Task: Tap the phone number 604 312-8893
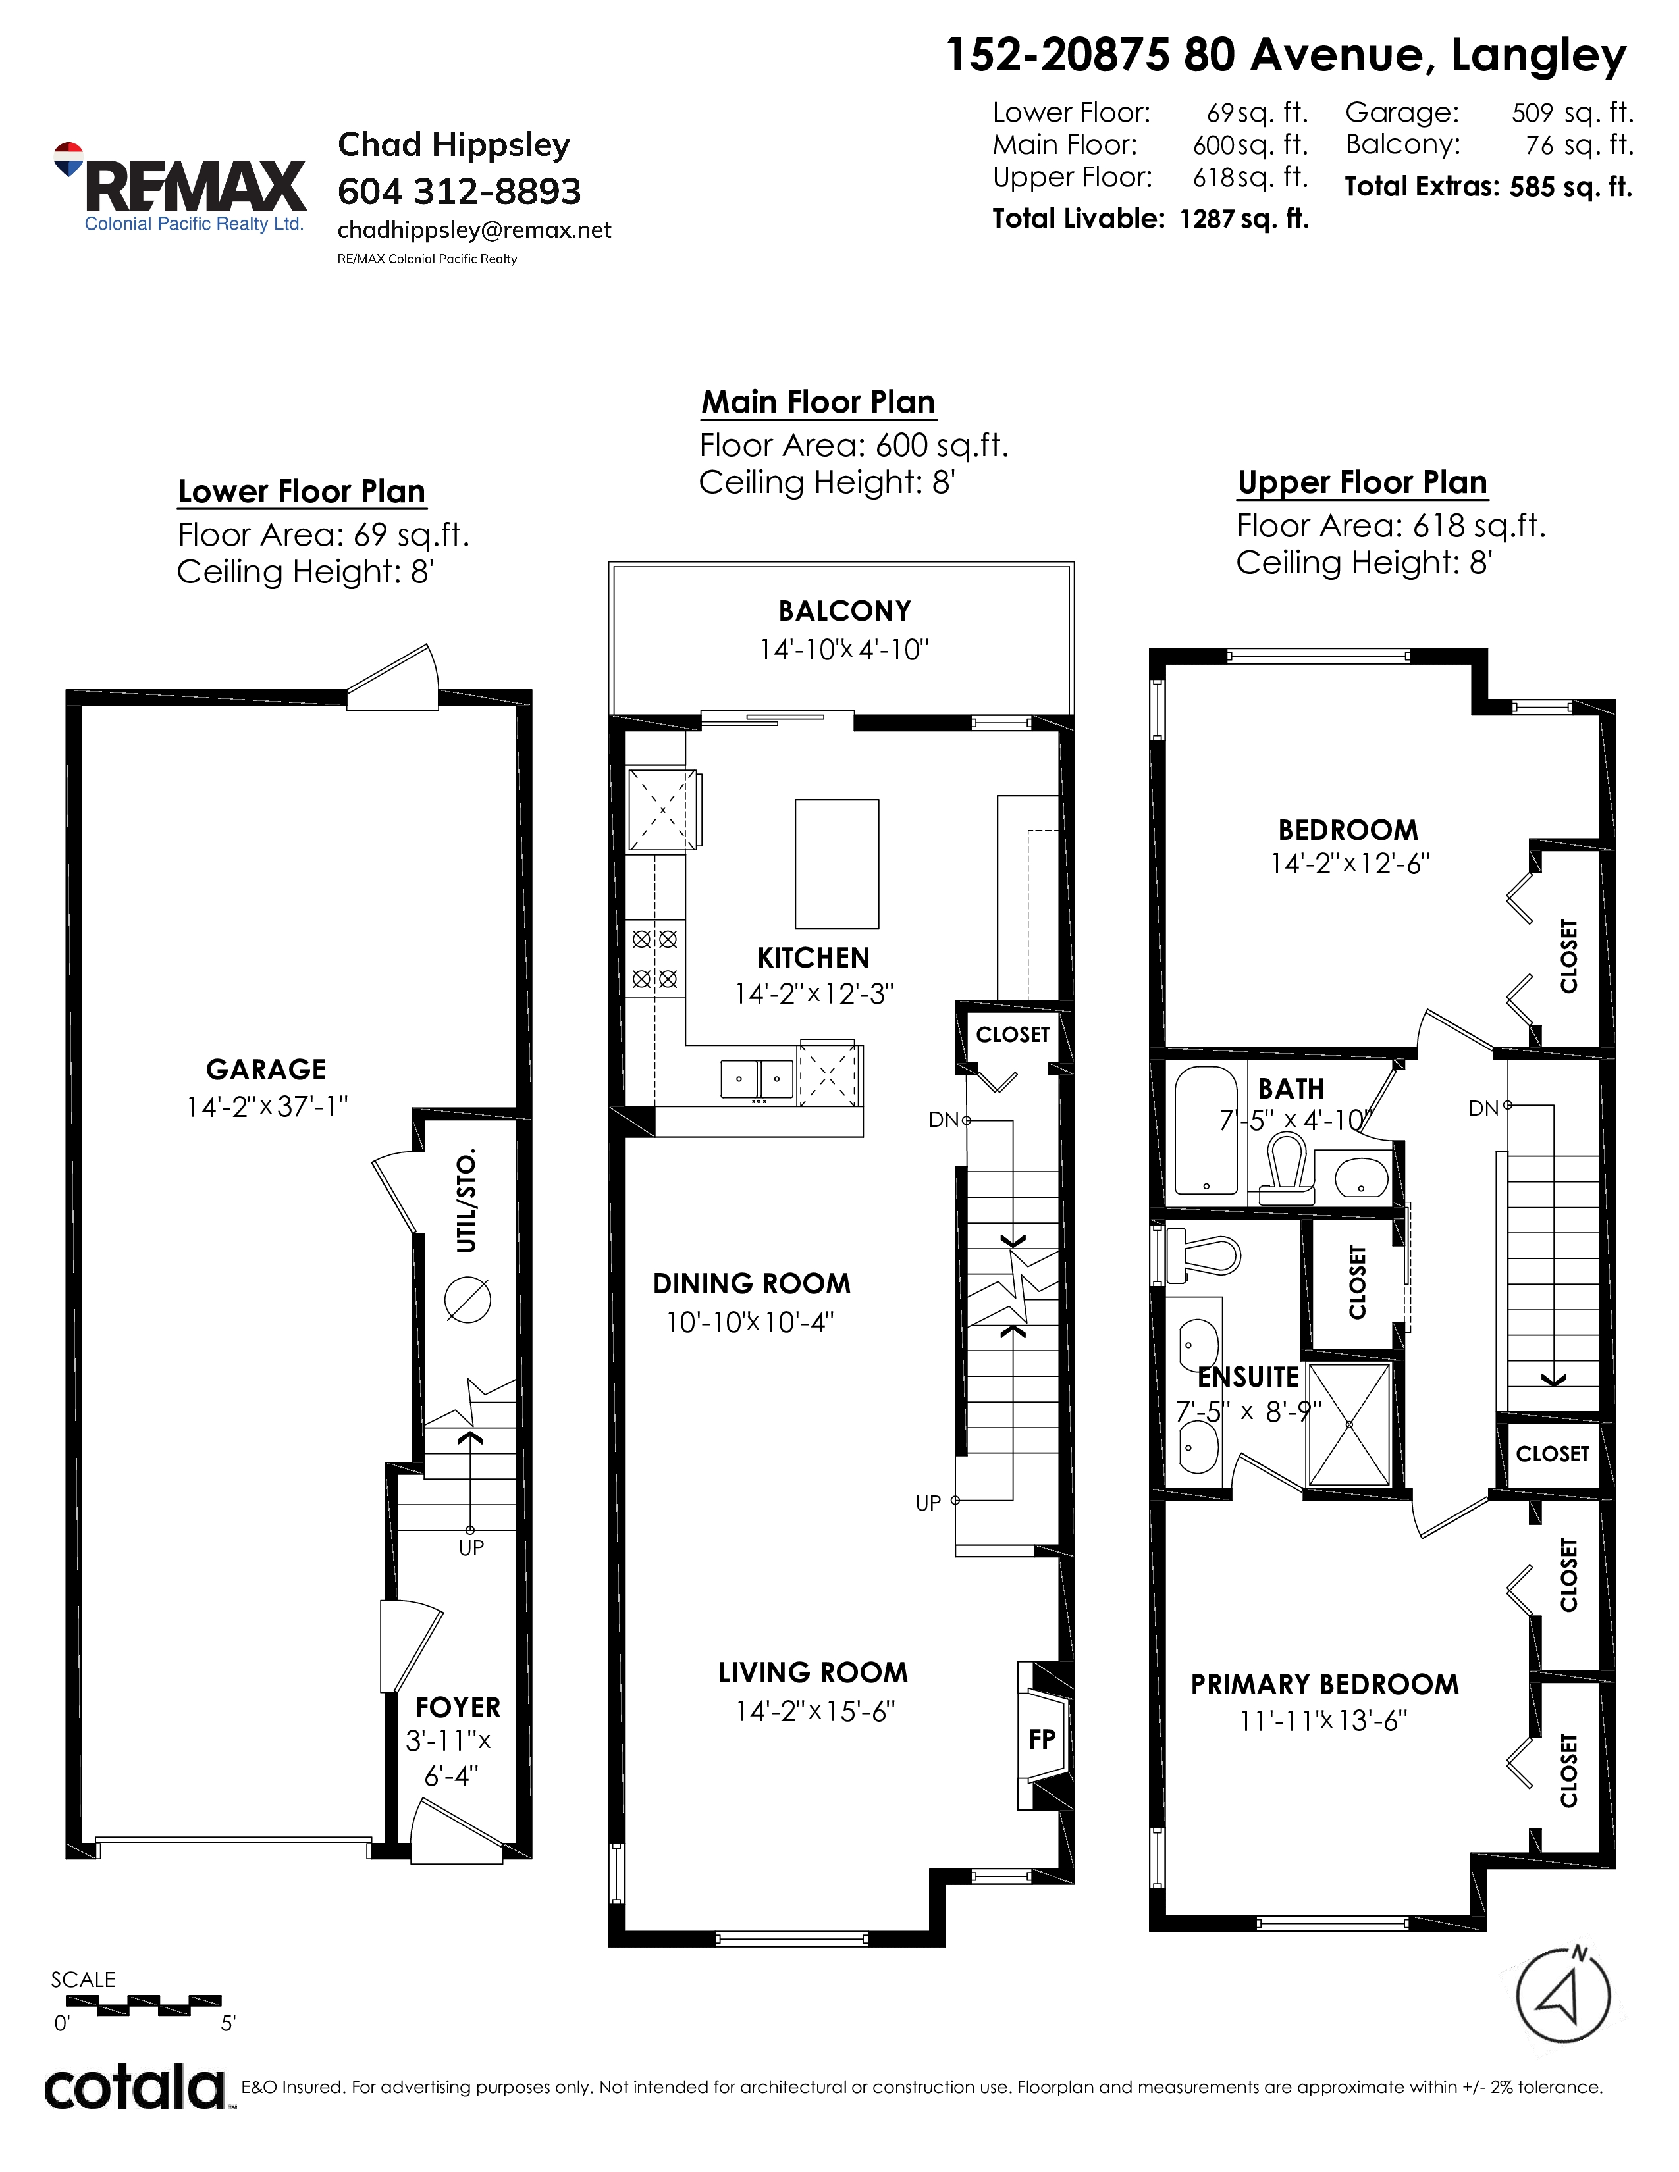(460, 191)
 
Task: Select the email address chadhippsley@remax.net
(475, 230)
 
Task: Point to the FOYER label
(458, 1707)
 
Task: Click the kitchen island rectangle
(836, 864)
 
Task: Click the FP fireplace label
(1042, 1740)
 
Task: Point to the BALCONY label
(845, 611)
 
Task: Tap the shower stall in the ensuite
(1348, 1424)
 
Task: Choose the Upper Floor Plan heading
(1362, 482)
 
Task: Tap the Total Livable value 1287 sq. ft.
(1243, 219)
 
